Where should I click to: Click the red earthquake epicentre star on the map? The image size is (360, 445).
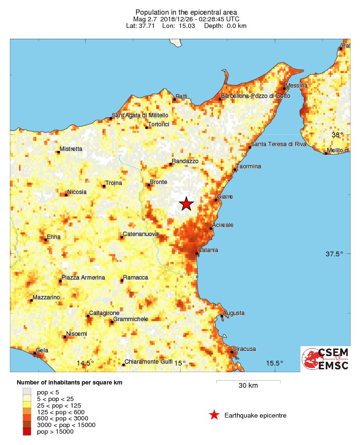[x=186, y=204]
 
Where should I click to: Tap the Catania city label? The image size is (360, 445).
[x=208, y=250]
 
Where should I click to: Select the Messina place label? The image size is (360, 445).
[x=297, y=85]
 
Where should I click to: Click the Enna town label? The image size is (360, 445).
[x=53, y=236]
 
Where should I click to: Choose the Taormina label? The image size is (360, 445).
[x=249, y=166]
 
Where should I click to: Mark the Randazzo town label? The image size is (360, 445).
[x=185, y=161]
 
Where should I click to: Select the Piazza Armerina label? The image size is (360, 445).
[x=83, y=278]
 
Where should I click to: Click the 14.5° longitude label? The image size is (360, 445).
[x=85, y=363]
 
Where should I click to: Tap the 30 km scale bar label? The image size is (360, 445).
[x=248, y=385]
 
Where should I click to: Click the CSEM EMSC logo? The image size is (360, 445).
[x=325, y=359]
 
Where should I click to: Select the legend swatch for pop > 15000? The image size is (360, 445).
[x=27, y=431]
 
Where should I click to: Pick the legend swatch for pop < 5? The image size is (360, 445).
[x=27, y=392]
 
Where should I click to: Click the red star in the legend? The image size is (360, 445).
[x=214, y=415]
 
